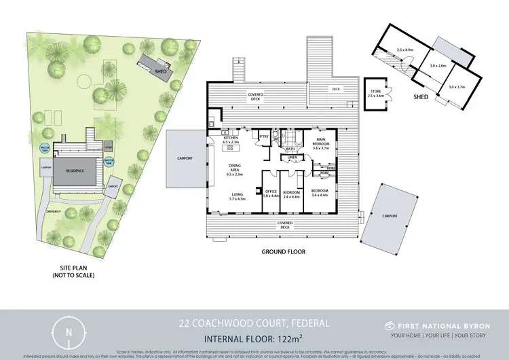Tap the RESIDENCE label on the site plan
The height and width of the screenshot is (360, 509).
[75, 170]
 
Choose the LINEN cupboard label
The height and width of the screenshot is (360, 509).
[293, 158]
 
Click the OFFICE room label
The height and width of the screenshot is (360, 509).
[271, 192]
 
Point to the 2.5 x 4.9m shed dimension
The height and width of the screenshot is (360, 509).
[405, 49]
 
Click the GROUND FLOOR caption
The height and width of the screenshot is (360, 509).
[284, 251]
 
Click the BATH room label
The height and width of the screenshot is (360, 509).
[290, 149]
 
